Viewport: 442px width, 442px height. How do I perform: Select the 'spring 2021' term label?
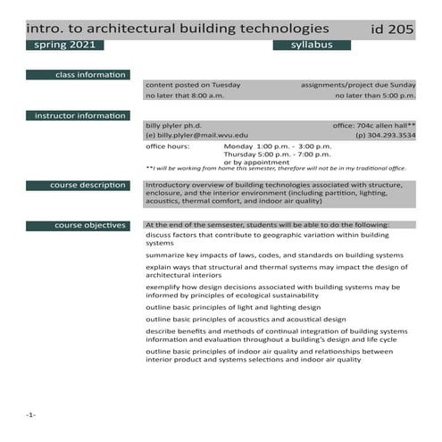[x=64, y=45]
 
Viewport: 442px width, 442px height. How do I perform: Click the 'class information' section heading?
[x=90, y=74]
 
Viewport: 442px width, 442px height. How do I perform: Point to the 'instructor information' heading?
[x=79, y=116]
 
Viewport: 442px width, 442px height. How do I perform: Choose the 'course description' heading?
[x=88, y=185]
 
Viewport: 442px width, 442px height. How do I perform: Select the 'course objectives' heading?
[x=90, y=225]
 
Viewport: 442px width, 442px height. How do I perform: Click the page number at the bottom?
[x=30, y=416]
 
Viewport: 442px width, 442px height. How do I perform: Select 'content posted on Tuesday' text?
[x=192, y=85]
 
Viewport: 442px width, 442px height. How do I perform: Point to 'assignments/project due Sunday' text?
[x=358, y=85]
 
